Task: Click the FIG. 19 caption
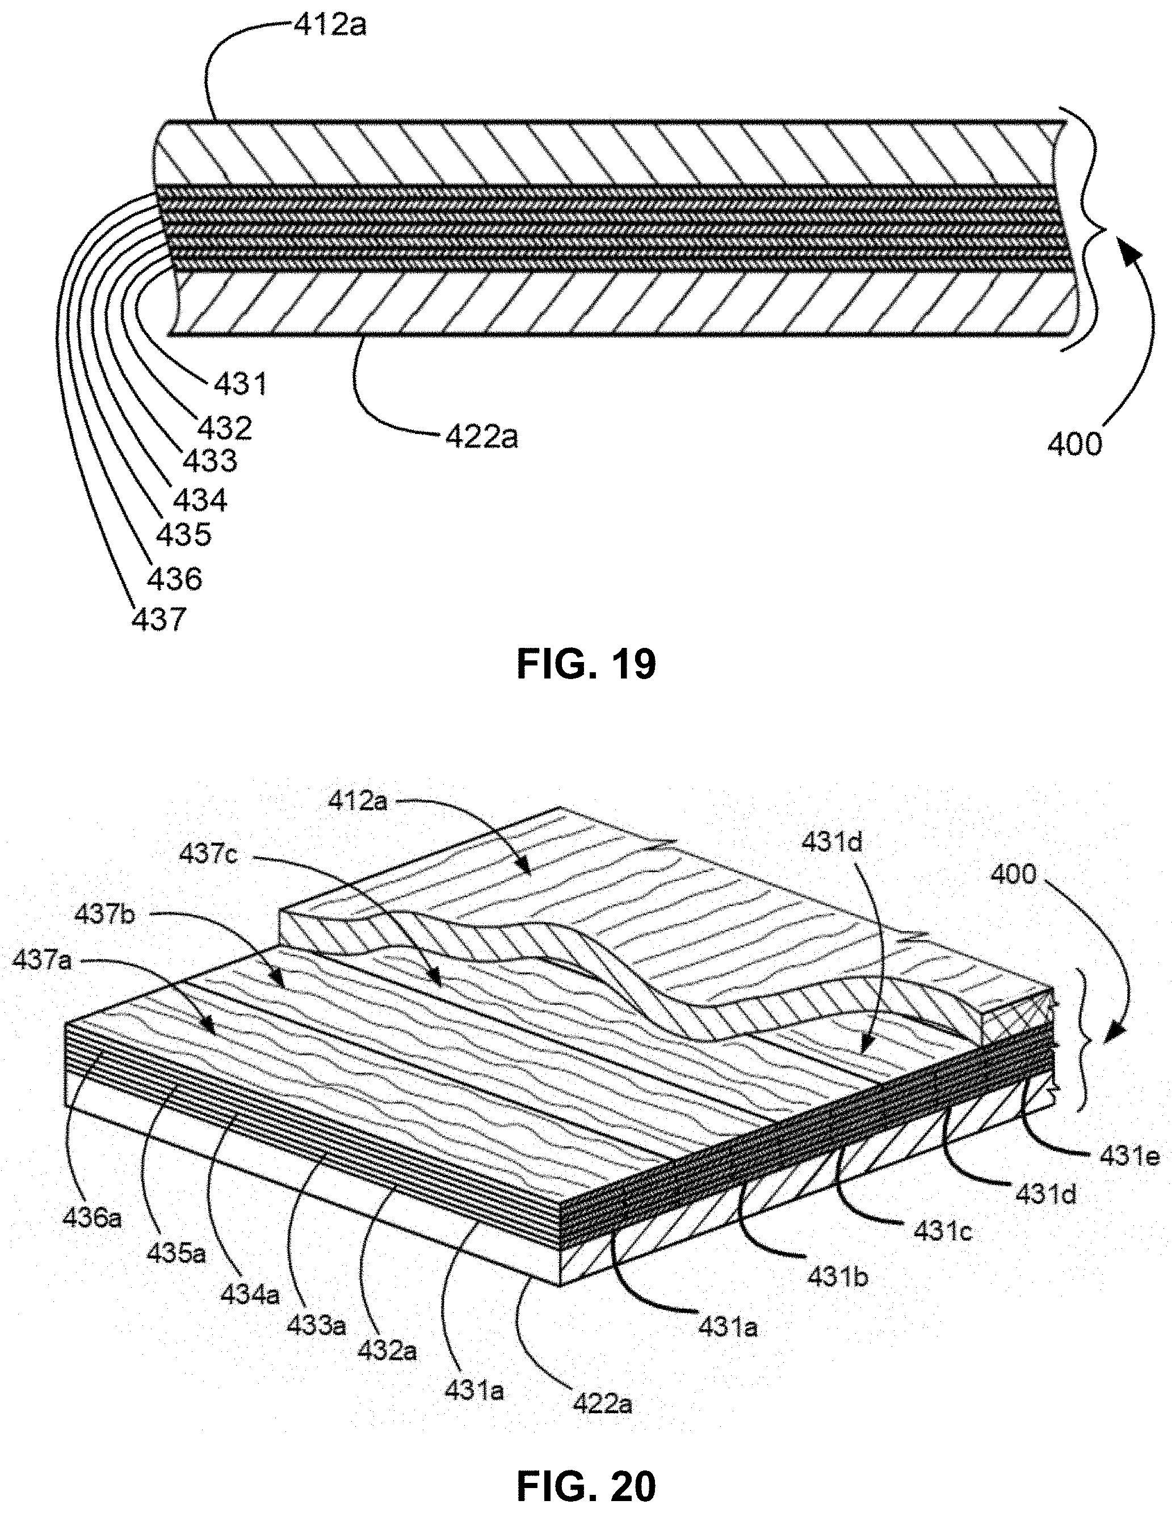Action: (x=586, y=664)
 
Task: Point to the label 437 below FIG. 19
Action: (x=159, y=618)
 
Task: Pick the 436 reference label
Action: (x=175, y=578)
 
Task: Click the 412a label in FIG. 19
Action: (x=330, y=26)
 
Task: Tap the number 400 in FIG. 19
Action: (x=1074, y=444)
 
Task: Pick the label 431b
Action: (x=837, y=1275)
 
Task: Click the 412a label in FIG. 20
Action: (x=358, y=802)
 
